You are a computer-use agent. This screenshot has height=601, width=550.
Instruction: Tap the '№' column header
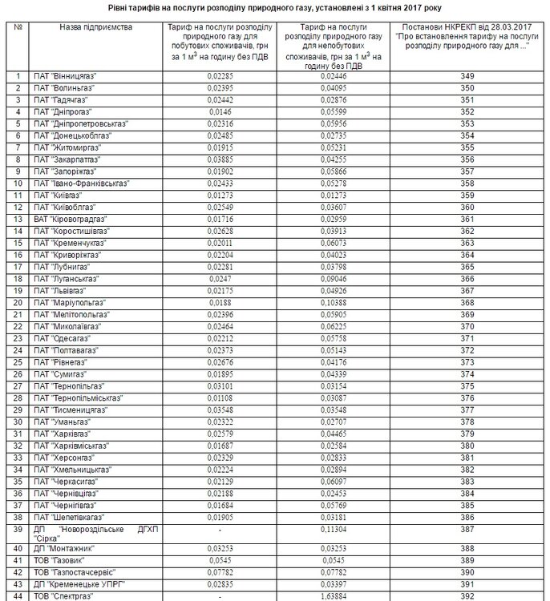[18, 27]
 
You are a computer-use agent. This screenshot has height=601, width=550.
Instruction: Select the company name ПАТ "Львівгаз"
[61, 291]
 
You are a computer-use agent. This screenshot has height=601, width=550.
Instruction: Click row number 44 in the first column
[18, 596]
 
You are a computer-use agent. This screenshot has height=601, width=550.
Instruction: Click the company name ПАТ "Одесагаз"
[62, 339]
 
